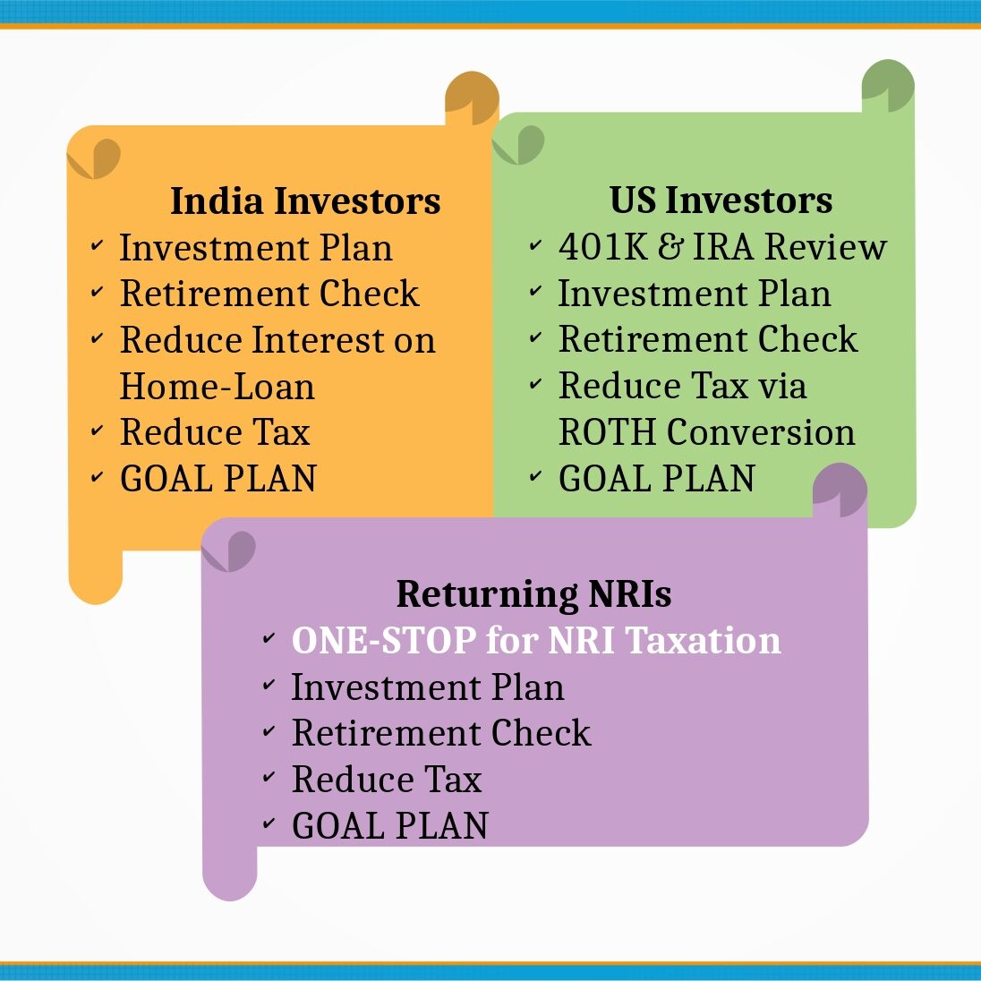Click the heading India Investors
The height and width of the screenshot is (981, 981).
click(x=305, y=200)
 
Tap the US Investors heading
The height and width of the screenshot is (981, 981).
click(x=721, y=200)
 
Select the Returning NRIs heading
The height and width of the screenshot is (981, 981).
click(x=533, y=593)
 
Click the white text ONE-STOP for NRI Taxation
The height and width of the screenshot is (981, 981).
click(x=536, y=640)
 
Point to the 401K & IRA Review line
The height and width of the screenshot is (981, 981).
click(x=722, y=246)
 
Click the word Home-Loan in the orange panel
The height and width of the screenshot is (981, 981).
click(x=218, y=386)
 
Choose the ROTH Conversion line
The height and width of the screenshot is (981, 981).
click(x=706, y=431)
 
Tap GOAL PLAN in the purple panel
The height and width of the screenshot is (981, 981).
click(x=389, y=825)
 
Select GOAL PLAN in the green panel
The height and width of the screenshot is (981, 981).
click(x=656, y=479)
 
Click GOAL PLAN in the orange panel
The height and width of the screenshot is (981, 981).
click(x=218, y=479)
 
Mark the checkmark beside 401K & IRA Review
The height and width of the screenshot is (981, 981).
click(x=535, y=244)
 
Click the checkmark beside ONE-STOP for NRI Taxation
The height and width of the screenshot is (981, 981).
click(x=269, y=638)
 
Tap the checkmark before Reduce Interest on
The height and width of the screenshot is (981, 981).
click(x=97, y=338)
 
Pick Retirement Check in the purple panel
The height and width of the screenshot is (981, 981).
click(x=441, y=733)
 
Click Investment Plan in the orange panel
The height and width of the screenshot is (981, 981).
click(x=256, y=247)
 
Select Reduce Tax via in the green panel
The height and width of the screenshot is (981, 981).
click(x=682, y=386)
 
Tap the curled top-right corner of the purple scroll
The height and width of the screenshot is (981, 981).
click(x=840, y=490)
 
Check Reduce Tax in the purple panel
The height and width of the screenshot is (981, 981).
click(x=387, y=779)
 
